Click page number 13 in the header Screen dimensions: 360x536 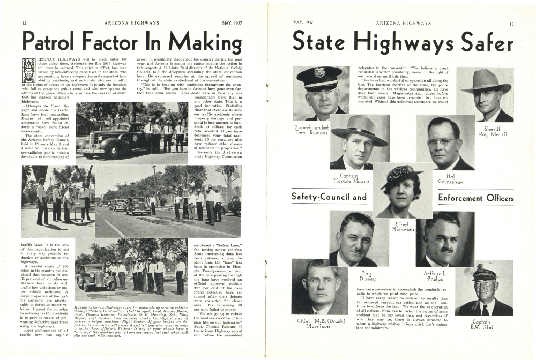(x=512, y=24)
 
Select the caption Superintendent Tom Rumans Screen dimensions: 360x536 (x=312, y=130)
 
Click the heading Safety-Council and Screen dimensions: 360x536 (x=329, y=198)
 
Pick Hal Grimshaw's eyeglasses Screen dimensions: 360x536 (x=441, y=142)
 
